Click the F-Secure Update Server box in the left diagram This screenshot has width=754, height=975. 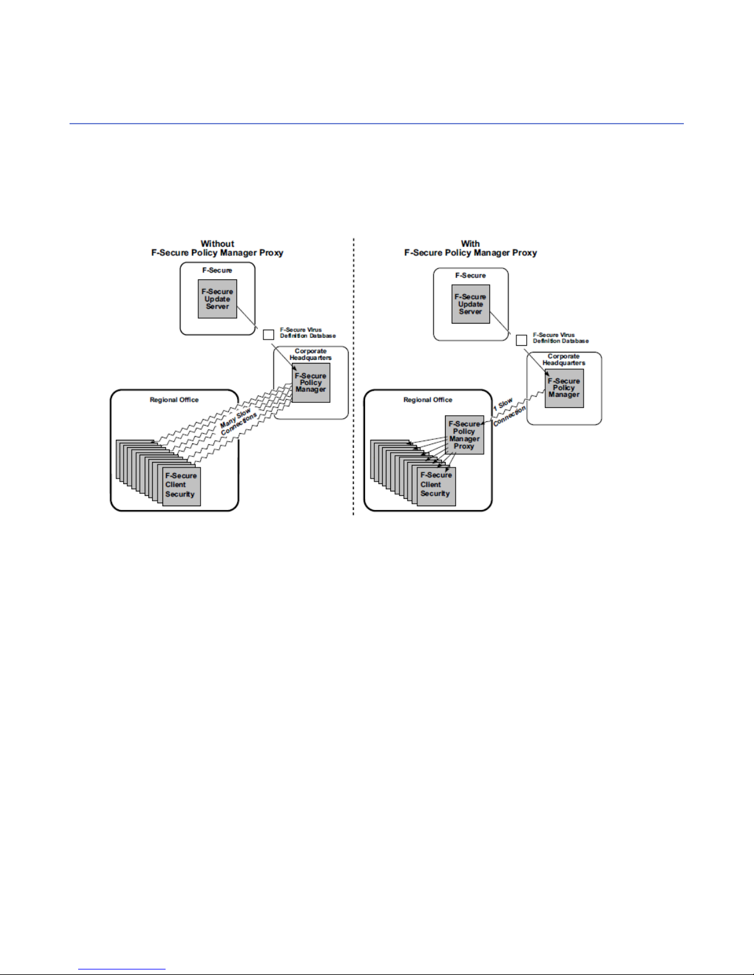pos(217,299)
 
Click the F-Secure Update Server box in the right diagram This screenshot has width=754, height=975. pos(471,304)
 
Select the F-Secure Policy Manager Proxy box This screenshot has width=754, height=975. pos(464,435)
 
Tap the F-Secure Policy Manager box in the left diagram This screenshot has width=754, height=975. pos(311,383)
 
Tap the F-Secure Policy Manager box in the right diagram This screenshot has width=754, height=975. pos(564,388)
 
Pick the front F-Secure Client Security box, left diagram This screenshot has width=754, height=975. pos(182,486)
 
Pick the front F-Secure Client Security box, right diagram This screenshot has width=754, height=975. pos(436,485)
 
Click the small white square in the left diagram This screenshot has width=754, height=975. pos(268,335)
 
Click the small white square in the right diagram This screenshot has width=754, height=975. pos(521,340)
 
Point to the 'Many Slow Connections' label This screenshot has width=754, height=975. pos(238,421)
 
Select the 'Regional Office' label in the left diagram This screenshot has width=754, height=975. pos(174,400)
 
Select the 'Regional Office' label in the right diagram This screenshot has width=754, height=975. pos(428,400)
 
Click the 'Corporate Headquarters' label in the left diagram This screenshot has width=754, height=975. pos(311,354)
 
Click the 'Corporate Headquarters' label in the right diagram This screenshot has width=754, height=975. pos(564,360)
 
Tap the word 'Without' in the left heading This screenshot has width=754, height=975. pos(217,244)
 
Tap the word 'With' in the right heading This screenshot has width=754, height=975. pos(470,244)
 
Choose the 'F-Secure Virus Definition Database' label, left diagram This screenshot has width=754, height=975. pos(308,333)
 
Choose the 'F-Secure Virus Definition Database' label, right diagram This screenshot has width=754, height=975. pos(561,338)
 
